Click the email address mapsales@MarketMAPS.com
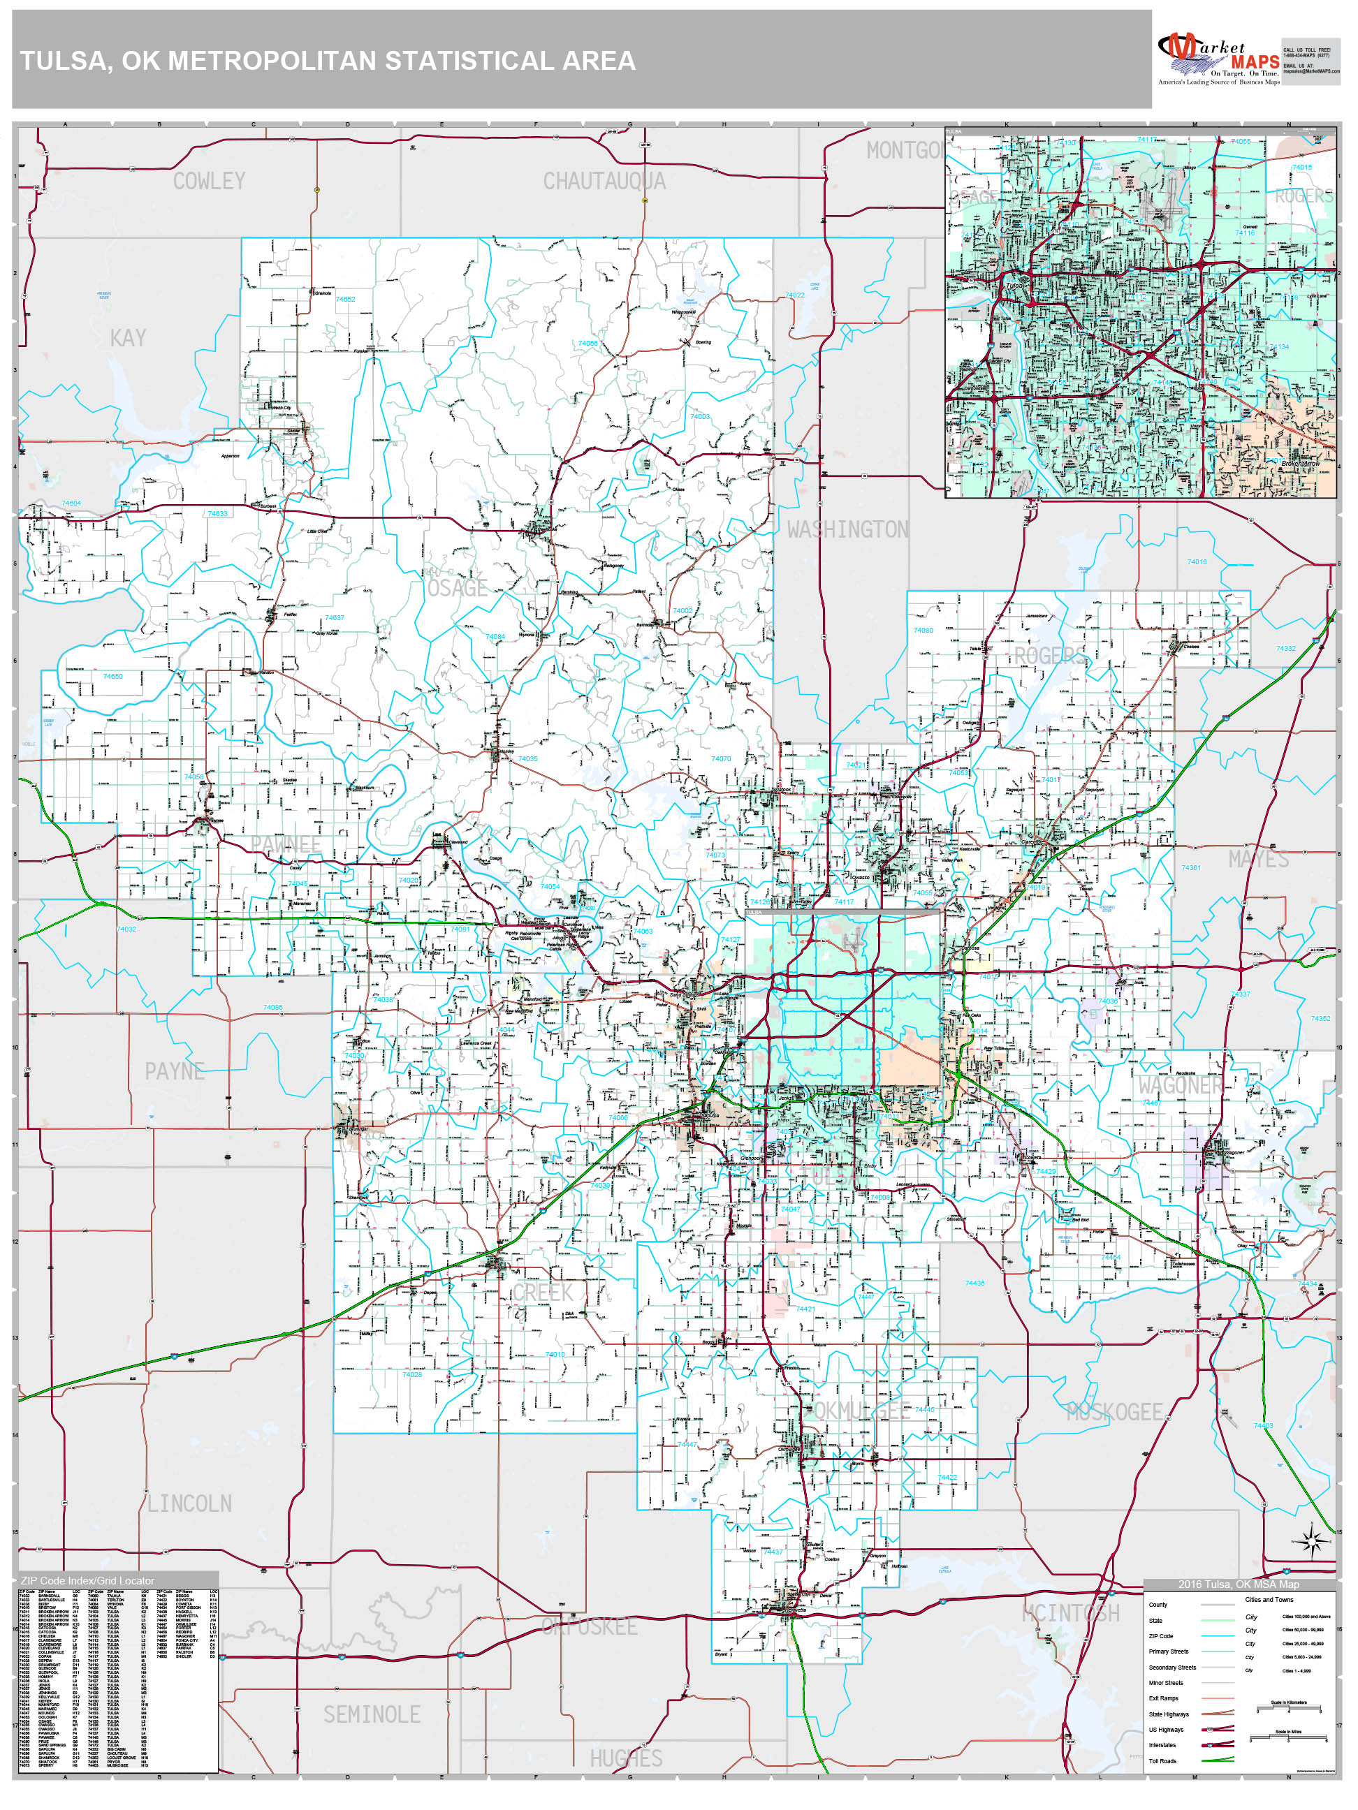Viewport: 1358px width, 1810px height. [1310, 71]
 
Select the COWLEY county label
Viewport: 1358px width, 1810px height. [209, 181]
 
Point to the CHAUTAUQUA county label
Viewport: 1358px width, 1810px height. [604, 181]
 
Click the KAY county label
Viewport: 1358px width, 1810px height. [128, 338]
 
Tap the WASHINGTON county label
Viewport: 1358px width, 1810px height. [847, 529]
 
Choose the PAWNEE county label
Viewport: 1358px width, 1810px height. [286, 844]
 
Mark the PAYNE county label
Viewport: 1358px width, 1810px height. [175, 1071]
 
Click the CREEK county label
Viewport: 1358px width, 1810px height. [543, 1292]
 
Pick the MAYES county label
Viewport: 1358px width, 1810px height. [1258, 859]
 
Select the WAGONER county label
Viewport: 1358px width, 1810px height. [1180, 1085]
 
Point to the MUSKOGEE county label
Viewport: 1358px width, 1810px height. [1114, 1411]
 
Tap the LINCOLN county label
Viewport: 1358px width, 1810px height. [189, 1503]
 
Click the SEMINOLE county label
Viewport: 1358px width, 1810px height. [372, 1714]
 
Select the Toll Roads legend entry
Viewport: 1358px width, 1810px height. [1162, 1761]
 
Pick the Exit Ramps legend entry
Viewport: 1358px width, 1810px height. [1163, 1698]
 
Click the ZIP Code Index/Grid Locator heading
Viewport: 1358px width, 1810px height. [87, 1580]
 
